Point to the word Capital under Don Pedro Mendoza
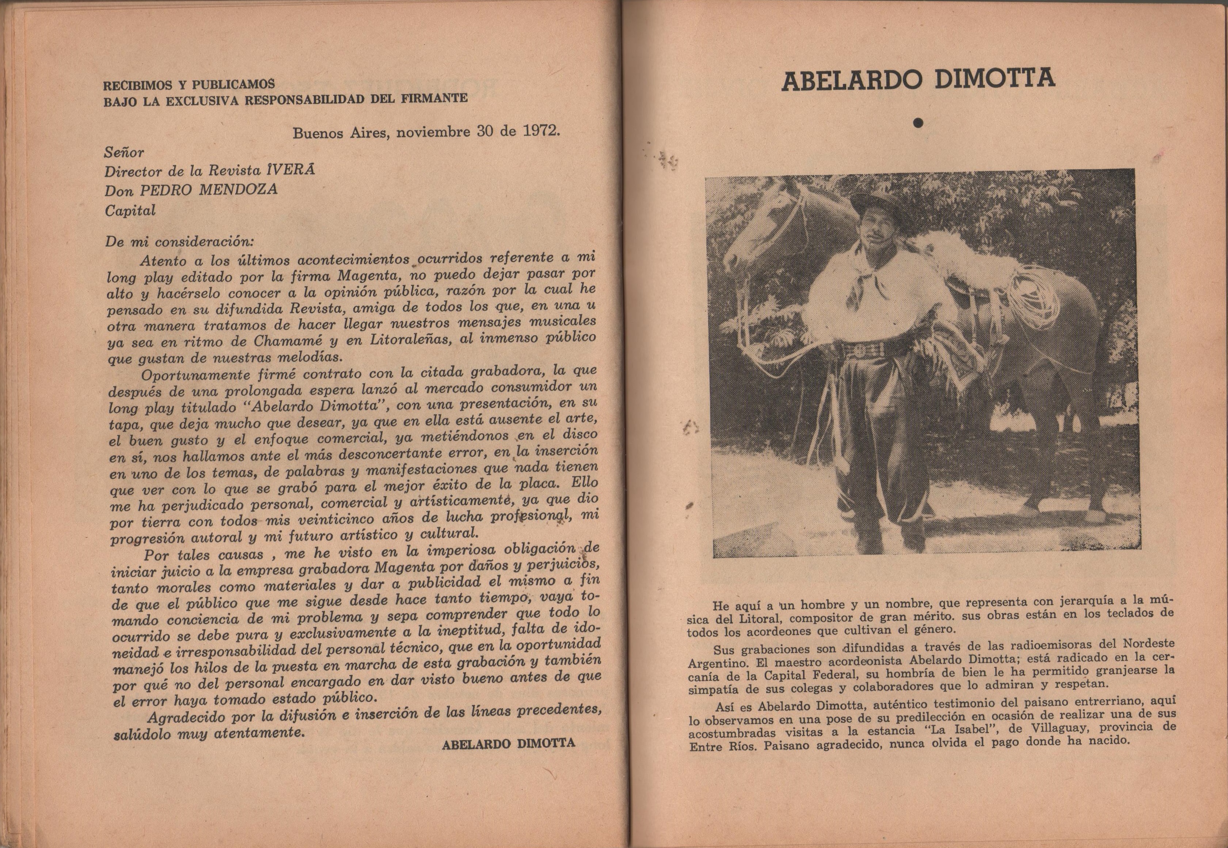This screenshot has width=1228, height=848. click(x=130, y=210)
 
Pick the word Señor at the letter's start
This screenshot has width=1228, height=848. click(x=124, y=152)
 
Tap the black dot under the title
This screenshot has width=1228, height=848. click(x=918, y=123)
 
